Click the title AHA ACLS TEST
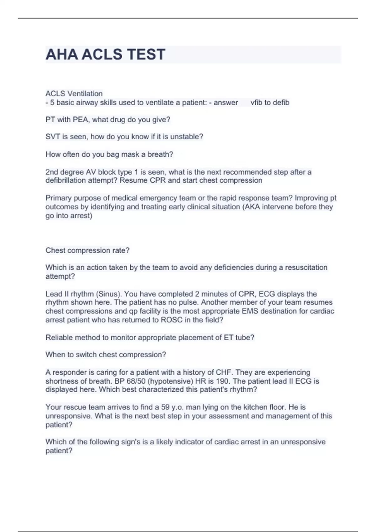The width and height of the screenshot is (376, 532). click(105, 54)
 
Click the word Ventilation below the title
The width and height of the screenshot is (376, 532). click(85, 94)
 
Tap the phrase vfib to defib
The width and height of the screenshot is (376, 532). click(270, 103)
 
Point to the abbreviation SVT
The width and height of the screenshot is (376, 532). click(53, 137)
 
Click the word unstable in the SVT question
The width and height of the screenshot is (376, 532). click(186, 137)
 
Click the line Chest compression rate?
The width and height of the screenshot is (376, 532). click(87, 250)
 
